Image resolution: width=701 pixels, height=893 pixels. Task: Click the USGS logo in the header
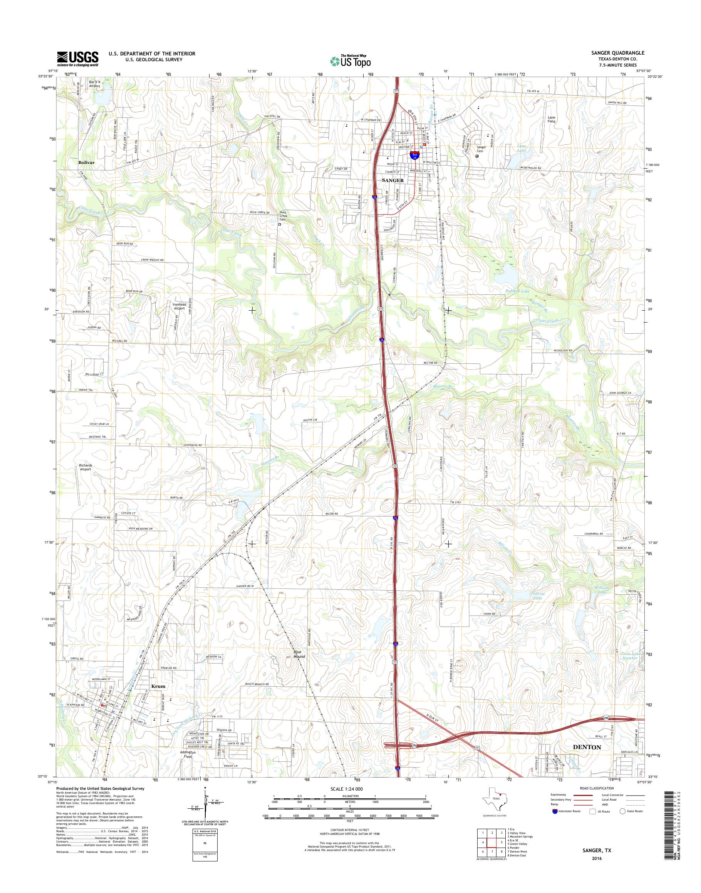click(77, 59)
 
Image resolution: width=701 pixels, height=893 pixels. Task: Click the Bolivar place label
click(86, 162)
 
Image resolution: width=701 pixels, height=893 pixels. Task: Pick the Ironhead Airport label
click(179, 306)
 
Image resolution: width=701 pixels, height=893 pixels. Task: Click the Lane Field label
click(552, 119)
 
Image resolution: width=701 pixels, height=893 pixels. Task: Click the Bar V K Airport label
click(94, 84)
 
